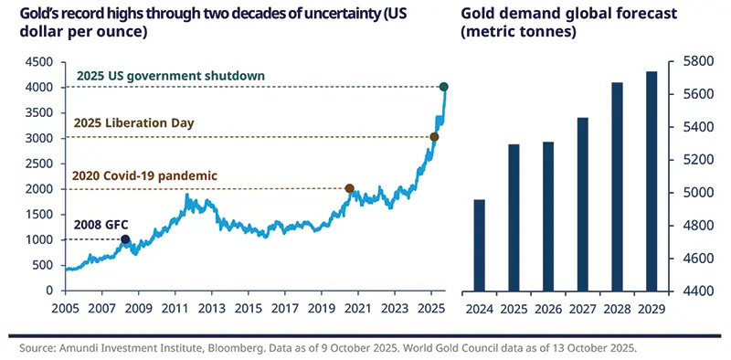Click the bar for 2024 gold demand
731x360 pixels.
(479, 245)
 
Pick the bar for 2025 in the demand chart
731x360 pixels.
(514, 217)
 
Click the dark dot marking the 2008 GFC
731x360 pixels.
(126, 240)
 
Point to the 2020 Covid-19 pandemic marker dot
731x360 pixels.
(349, 188)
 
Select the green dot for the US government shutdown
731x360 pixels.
(444, 87)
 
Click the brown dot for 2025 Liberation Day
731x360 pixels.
(434, 137)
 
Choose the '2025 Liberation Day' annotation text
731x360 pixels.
(132, 122)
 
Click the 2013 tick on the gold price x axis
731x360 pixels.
(214, 308)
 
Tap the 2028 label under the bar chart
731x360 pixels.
(617, 308)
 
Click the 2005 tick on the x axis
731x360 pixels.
(66, 308)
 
